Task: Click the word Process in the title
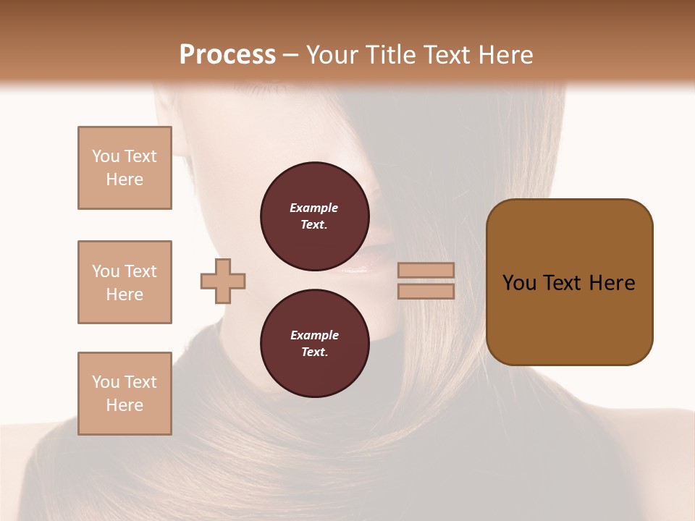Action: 227,54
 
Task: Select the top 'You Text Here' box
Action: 125,168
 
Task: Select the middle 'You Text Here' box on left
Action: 125,282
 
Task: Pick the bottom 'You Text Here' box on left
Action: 125,394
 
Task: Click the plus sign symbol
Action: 223,281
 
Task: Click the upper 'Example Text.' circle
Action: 314,216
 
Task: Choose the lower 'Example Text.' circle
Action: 314,344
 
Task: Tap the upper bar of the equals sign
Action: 426,270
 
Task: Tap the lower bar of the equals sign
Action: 426,291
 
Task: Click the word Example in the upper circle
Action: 314,208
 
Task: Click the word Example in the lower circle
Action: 314,335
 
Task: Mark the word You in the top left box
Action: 105,156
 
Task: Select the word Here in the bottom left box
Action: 125,405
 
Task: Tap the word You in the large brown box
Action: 519,283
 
